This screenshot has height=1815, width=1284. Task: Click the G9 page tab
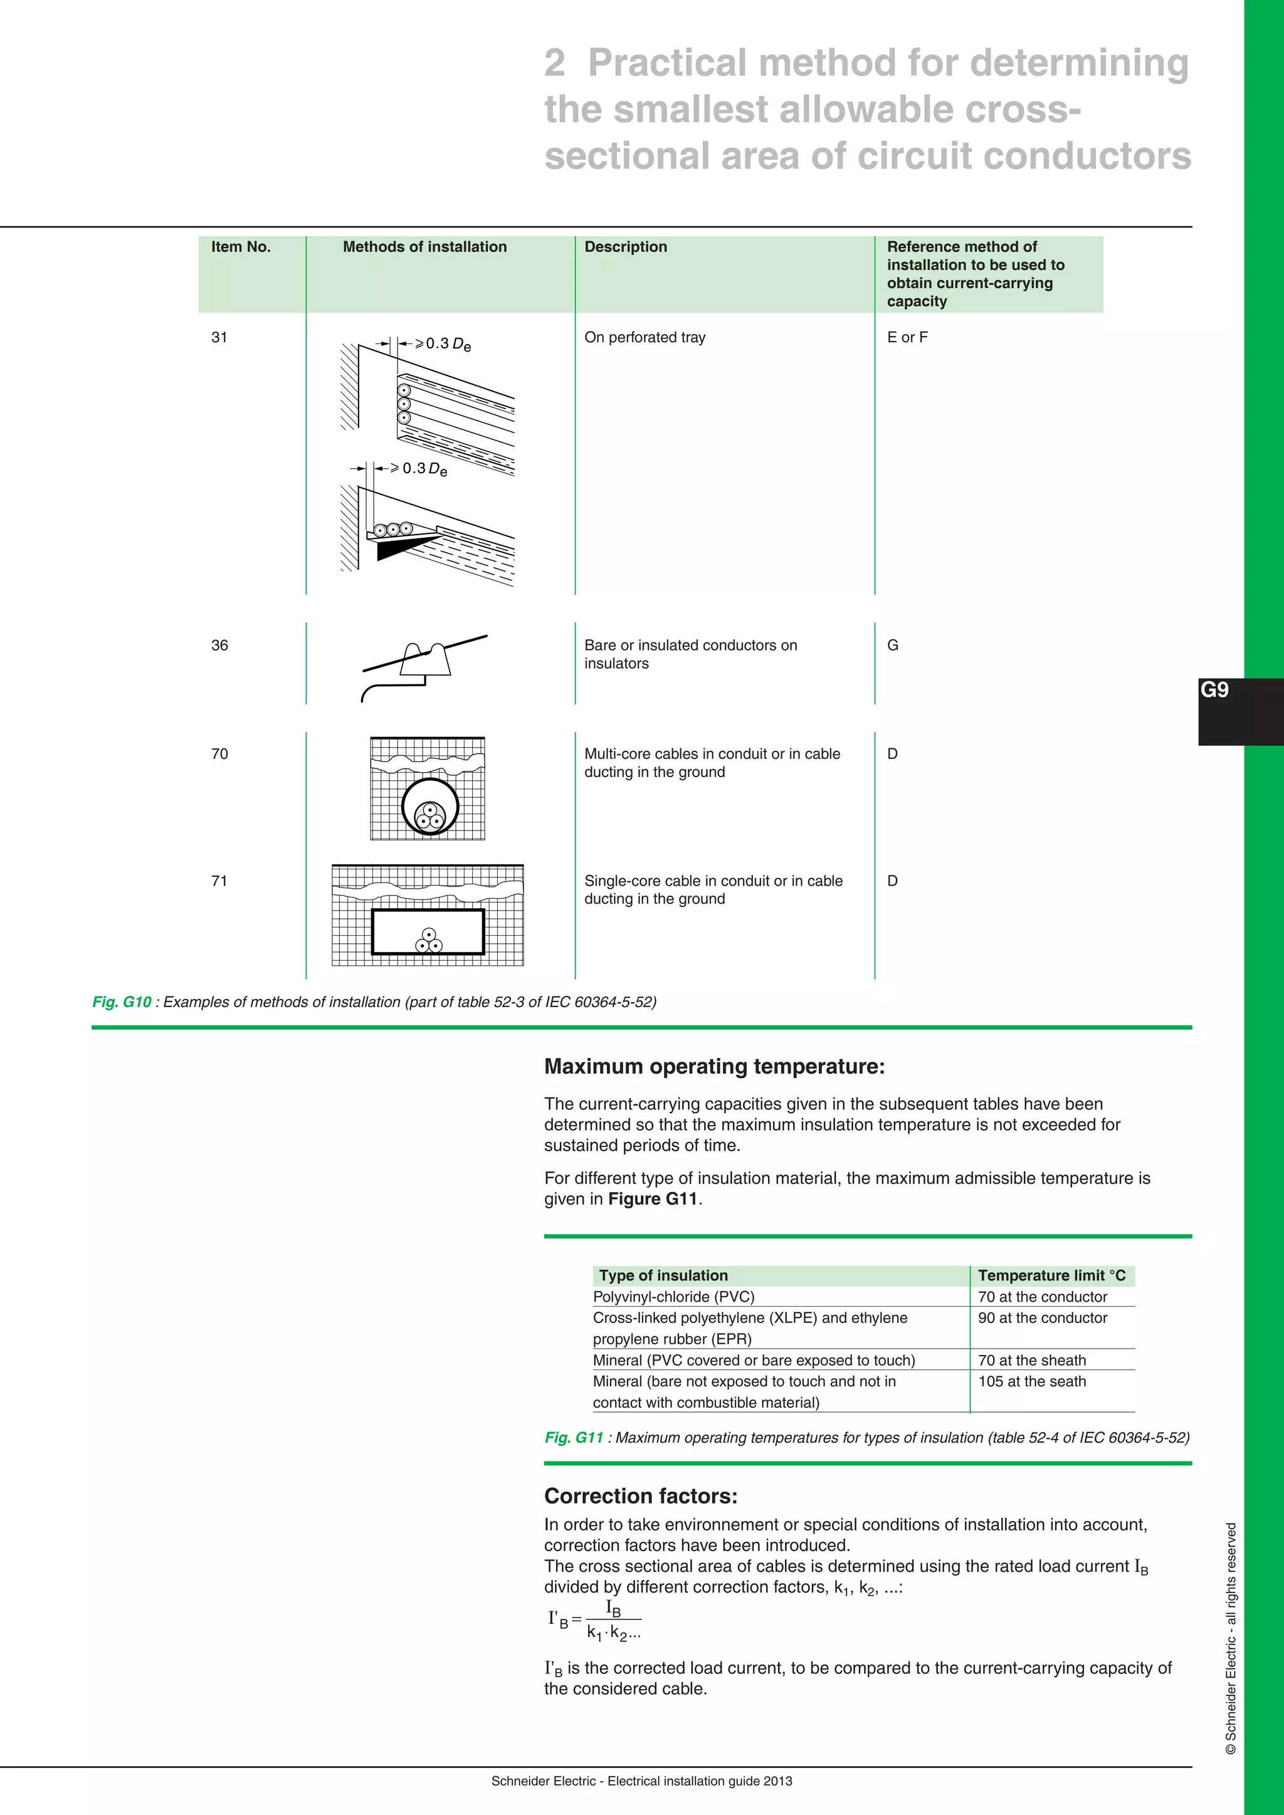tap(1214, 691)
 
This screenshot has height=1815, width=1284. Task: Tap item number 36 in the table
tap(220, 645)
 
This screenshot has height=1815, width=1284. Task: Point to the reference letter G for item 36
tap(893, 645)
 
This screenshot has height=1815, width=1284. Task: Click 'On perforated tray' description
tap(645, 338)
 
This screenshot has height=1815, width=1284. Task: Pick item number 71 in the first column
tap(220, 881)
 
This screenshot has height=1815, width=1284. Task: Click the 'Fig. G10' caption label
tap(122, 1002)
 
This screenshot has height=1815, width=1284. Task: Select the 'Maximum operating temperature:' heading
tap(714, 1067)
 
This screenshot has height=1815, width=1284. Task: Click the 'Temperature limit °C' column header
tap(1051, 1275)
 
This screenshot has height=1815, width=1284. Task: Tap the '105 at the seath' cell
tap(1032, 1381)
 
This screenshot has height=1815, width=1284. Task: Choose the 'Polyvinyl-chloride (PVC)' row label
tap(673, 1297)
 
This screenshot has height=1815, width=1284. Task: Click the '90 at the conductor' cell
tap(1042, 1318)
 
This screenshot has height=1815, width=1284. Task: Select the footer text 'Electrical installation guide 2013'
tap(700, 1781)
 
